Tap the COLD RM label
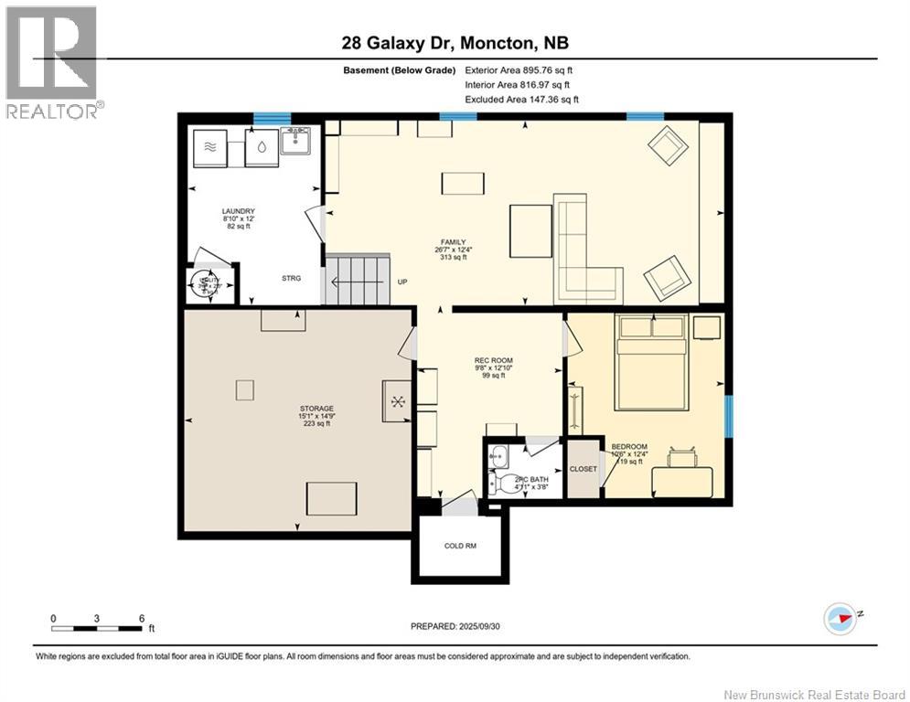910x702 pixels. point(460,546)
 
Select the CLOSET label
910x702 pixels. point(583,469)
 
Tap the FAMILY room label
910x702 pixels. point(447,242)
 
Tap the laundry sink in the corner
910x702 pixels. point(295,141)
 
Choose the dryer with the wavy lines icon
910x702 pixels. point(210,146)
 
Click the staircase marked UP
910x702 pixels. point(358,280)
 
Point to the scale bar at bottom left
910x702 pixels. point(97,627)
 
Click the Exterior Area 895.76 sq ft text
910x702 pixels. point(519,69)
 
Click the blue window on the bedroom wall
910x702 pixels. point(728,416)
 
